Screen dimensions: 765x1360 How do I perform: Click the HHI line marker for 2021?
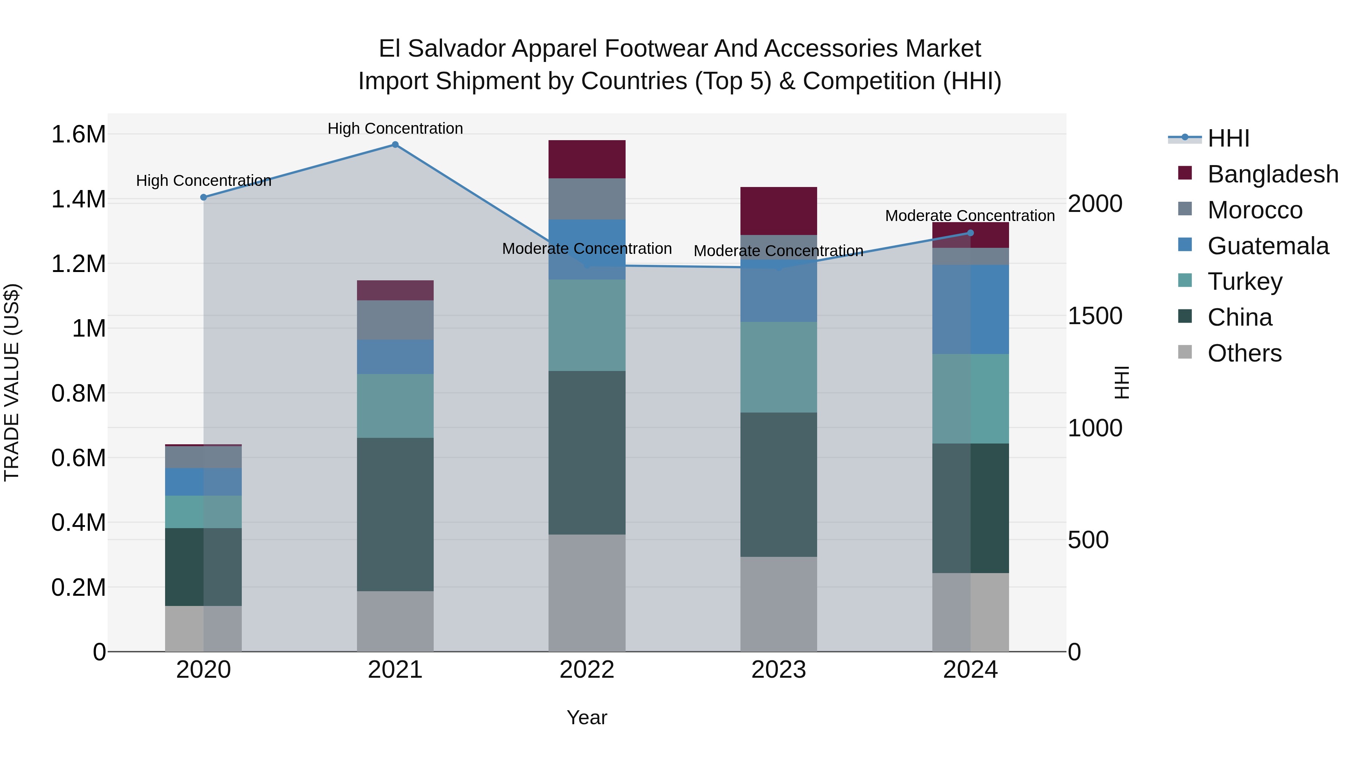coord(395,145)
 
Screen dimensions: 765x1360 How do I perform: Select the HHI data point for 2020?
coord(204,198)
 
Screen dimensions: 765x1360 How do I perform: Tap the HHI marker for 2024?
coord(971,233)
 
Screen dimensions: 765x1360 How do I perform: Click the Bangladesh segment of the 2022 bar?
coord(587,159)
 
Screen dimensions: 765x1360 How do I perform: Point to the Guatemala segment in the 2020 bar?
coord(203,482)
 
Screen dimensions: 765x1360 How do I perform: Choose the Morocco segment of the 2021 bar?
coord(395,320)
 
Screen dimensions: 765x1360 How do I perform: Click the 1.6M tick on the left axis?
coord(78,134)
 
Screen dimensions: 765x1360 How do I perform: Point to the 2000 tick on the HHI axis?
coord(1095,204)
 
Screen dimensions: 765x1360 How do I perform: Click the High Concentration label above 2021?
coord(395,128)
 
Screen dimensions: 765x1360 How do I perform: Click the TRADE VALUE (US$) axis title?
coord(12,382)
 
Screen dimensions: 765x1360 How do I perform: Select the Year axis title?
coord(587,717)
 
